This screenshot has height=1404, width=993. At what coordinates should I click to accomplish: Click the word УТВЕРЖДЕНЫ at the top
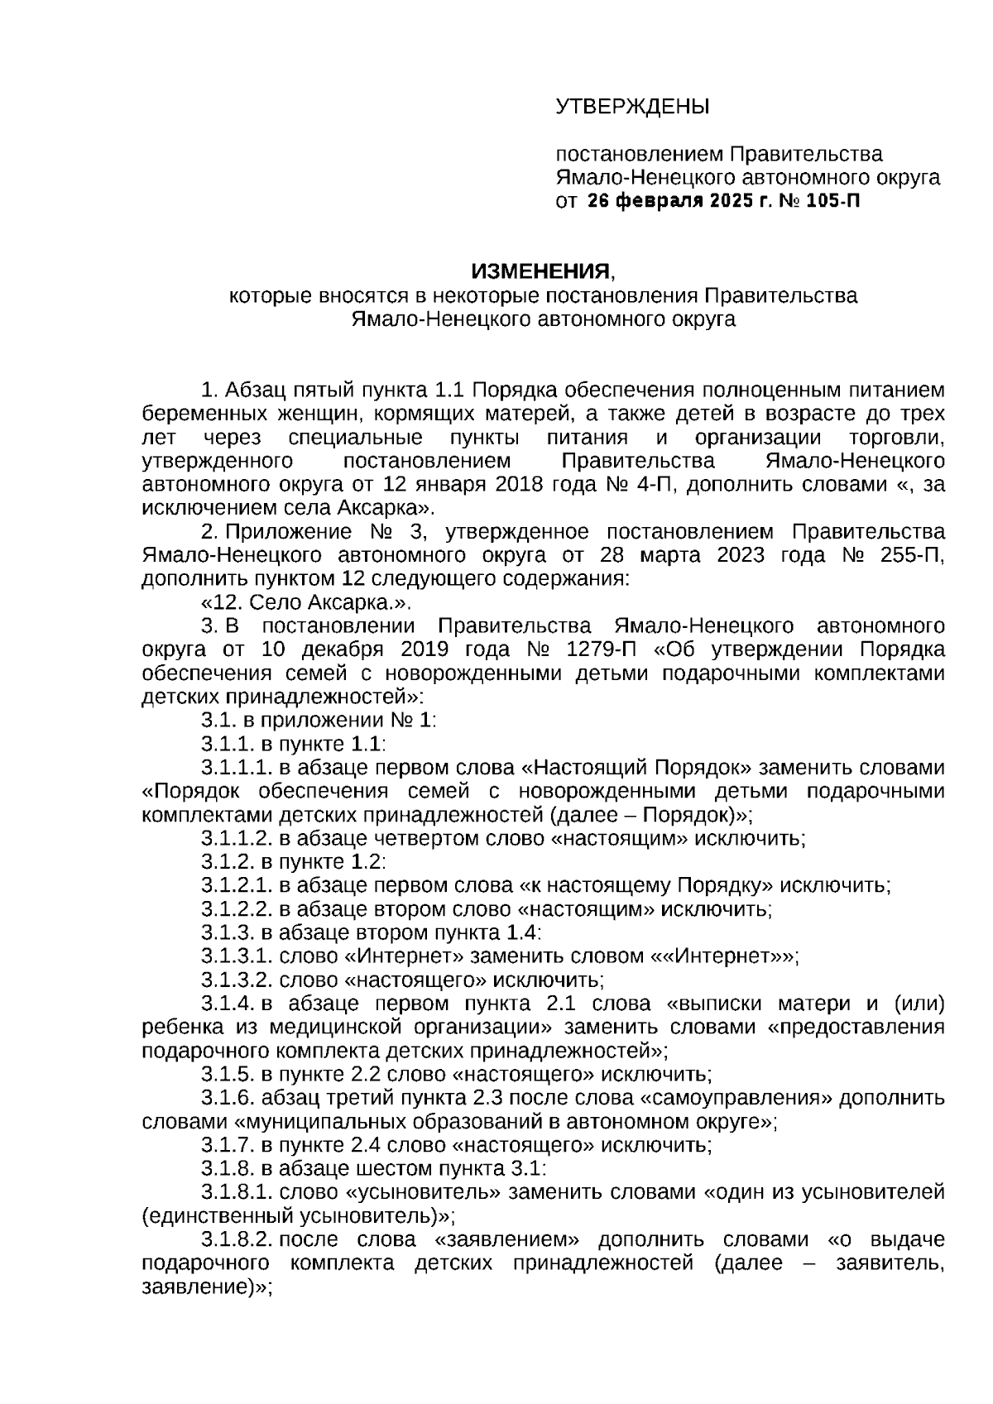(632, 107)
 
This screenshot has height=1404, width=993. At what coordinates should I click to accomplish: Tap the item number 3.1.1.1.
(236, 768)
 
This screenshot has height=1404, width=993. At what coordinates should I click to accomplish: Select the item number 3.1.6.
(228, 1100)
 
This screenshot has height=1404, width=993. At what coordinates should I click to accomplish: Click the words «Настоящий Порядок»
(637, 768)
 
